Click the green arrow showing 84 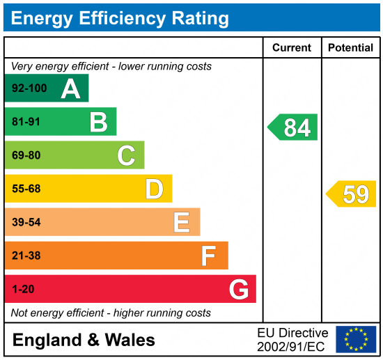point(292,127)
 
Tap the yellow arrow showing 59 point(351,194)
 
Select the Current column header point(292,47)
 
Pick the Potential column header point(350,47)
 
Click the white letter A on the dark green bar point(70,88)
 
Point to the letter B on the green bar point(99,122)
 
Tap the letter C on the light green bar point(126,155)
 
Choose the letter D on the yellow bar point(155,189)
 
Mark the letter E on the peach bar point(182,222)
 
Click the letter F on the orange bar point(209,256)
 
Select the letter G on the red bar point(239,289)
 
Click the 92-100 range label point(29,88)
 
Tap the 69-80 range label point(26,155)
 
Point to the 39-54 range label point(26,222)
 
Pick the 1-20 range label point(23,289)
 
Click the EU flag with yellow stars point(356,339)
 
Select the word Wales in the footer point(130,340)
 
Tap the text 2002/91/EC point(291,347)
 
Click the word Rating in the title point(201,19)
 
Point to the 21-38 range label point(26,256)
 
